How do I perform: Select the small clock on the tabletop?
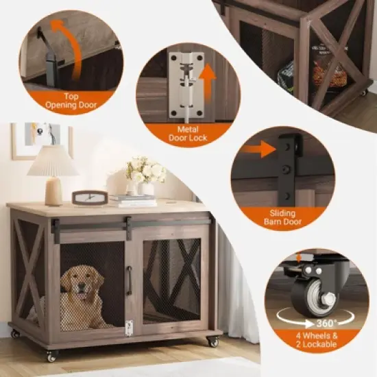90,197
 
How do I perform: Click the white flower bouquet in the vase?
146,171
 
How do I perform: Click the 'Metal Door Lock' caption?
188,134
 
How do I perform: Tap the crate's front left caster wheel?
51,355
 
